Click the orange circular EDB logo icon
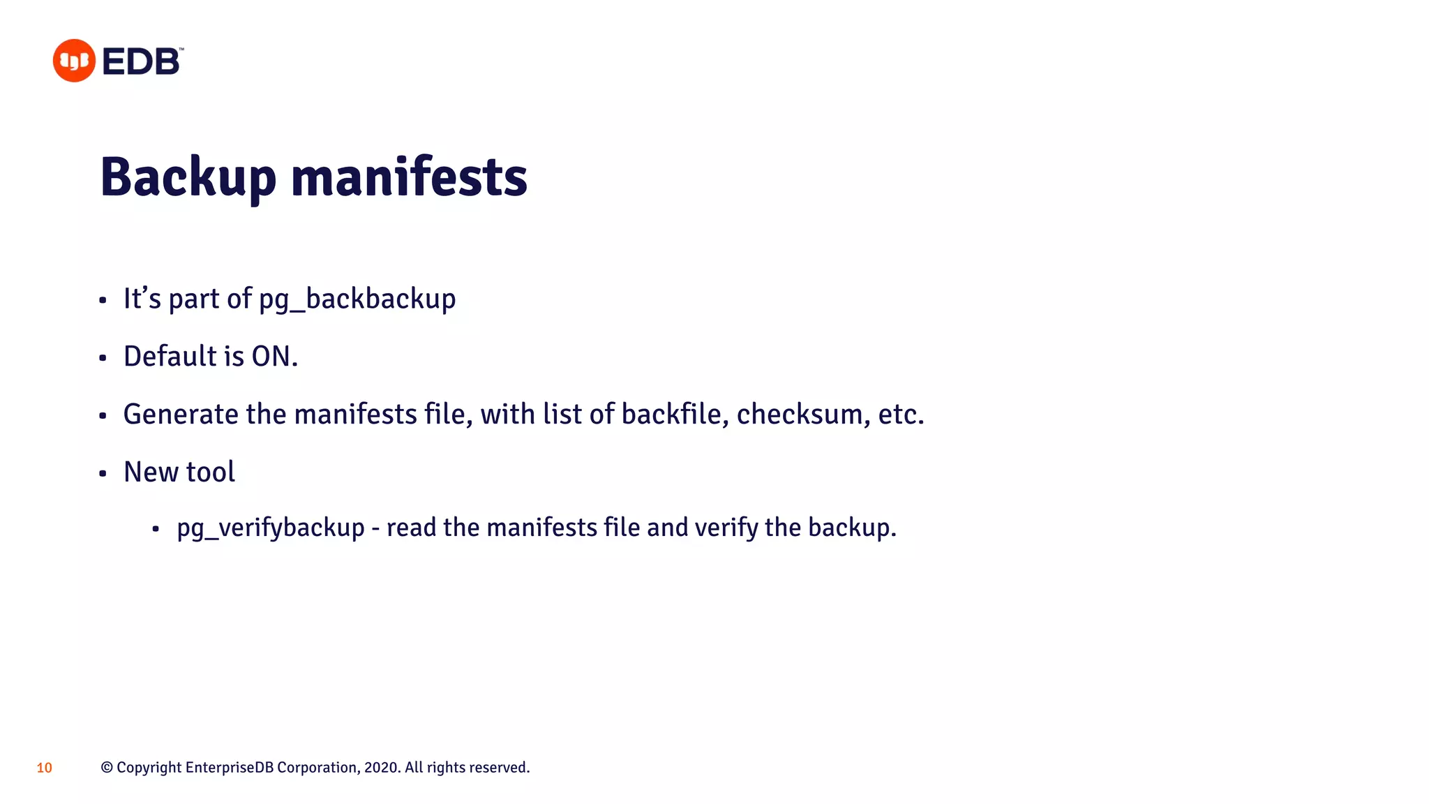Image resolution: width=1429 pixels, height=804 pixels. click(x=74, y=61)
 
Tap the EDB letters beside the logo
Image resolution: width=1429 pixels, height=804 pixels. click(x=142, y=61)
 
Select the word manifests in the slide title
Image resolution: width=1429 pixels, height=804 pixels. click(x=409, y=177)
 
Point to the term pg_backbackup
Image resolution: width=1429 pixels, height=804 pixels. click(x=357, y=299)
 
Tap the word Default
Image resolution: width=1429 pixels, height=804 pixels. click(x=170, y=357)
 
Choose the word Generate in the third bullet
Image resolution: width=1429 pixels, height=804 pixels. click(x=181, y=415)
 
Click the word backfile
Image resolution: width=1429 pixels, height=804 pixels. click(x=675, y=415)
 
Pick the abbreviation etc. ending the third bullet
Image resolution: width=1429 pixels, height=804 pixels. click(x=901, y=415)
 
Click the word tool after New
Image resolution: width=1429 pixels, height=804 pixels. click(x=211, y=472)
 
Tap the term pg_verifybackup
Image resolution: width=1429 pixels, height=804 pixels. click(x=271, y=528)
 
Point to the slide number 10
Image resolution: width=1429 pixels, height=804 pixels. click(x=44, y=768)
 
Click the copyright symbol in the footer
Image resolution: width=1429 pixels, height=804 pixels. click(x=107, y=768)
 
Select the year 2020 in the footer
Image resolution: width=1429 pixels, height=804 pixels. click(x=382, y=768)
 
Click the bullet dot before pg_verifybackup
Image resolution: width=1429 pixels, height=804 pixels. click(x=156, y=530)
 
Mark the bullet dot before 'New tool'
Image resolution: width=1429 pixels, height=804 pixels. click(x=103, y=474)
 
